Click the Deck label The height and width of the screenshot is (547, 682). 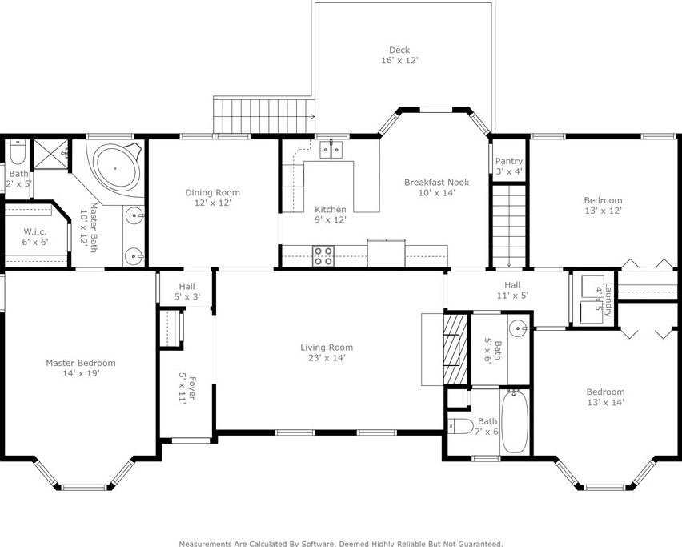399,50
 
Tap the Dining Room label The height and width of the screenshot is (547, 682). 212,192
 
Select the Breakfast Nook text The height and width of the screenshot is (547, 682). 437,183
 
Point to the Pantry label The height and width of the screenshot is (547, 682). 509,162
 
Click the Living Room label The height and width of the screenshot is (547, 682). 327,348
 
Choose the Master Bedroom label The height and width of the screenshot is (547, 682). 81,363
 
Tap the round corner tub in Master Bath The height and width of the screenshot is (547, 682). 116,167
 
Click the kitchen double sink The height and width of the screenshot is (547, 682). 331,149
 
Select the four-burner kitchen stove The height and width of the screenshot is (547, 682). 323,255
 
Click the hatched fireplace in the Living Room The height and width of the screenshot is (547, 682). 455,348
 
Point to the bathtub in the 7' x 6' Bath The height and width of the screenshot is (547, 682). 516,421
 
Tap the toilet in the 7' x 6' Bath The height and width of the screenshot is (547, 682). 460,426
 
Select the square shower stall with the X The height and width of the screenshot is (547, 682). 51,154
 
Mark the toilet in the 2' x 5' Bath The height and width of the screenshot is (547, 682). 18,151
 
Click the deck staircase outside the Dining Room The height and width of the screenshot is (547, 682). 264,116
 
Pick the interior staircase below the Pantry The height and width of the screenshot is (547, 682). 509,227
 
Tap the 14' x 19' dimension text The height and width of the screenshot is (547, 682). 81,373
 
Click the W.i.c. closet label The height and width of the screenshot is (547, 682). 34,231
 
